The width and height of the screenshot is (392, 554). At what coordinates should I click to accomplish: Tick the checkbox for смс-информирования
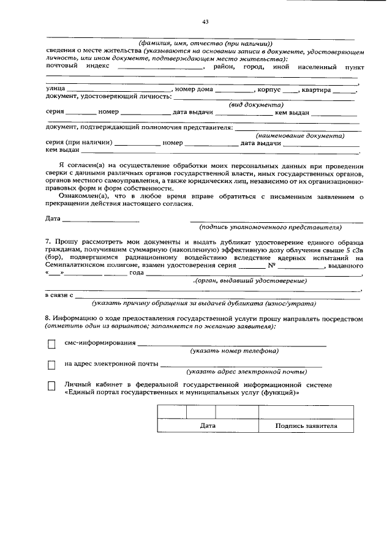51,345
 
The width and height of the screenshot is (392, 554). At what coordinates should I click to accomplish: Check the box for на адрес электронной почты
51,365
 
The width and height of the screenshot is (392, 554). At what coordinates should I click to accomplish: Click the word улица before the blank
56,89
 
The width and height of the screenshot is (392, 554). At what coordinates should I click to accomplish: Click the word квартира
316,89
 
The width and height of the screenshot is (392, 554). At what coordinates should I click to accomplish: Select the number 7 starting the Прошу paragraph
48,242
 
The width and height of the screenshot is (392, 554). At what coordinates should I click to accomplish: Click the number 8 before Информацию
48,319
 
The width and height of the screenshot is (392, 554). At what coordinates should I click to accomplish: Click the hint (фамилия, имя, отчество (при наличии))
205,43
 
